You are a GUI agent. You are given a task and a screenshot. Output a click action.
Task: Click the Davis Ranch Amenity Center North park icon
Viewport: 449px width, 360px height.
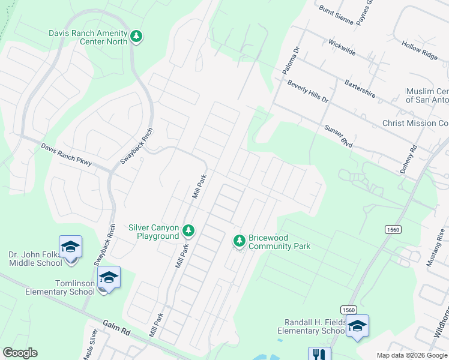click(137, 37)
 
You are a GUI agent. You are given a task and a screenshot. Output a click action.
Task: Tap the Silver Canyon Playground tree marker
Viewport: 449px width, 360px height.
click(188, 230)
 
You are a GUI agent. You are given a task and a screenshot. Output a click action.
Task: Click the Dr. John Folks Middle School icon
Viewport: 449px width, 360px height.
click(70, 248)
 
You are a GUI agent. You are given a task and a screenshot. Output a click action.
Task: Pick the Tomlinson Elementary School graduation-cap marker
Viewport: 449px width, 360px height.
click(109, 278)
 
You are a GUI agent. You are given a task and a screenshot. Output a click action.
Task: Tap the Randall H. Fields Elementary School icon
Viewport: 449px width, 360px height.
click(357, 326)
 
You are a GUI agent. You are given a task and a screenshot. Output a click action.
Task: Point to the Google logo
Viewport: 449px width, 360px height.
click(20, 353)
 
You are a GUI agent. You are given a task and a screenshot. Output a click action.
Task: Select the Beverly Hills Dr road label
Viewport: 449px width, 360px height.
click(308, 91)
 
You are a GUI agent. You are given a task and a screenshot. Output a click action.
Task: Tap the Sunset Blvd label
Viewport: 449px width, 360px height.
click(339, 137)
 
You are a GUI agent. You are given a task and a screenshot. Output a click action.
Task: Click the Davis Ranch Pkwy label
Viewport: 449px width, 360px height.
click(66, 155)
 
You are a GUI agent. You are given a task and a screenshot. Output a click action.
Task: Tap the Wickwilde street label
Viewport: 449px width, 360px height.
click(342, 48)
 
